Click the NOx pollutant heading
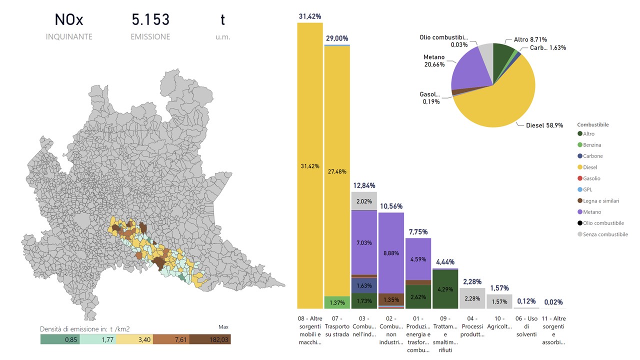(x=69, y=20)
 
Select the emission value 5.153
(x=150, y=20)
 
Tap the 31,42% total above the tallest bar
(x=309, y=16)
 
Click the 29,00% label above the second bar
(x=337, y=38)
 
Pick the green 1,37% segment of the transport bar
(x=337, y=302)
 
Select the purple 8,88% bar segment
(x=391, y=253)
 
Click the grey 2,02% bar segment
(x=364, y=201)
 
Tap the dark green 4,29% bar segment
(x=445, y=289)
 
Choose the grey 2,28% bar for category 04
(x=472, y=298)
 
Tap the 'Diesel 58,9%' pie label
(x=544, y=126)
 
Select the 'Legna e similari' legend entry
(x=600, y=201)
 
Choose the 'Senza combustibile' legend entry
(x=605, y=234)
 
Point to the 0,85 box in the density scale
(x=59, y=339)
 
